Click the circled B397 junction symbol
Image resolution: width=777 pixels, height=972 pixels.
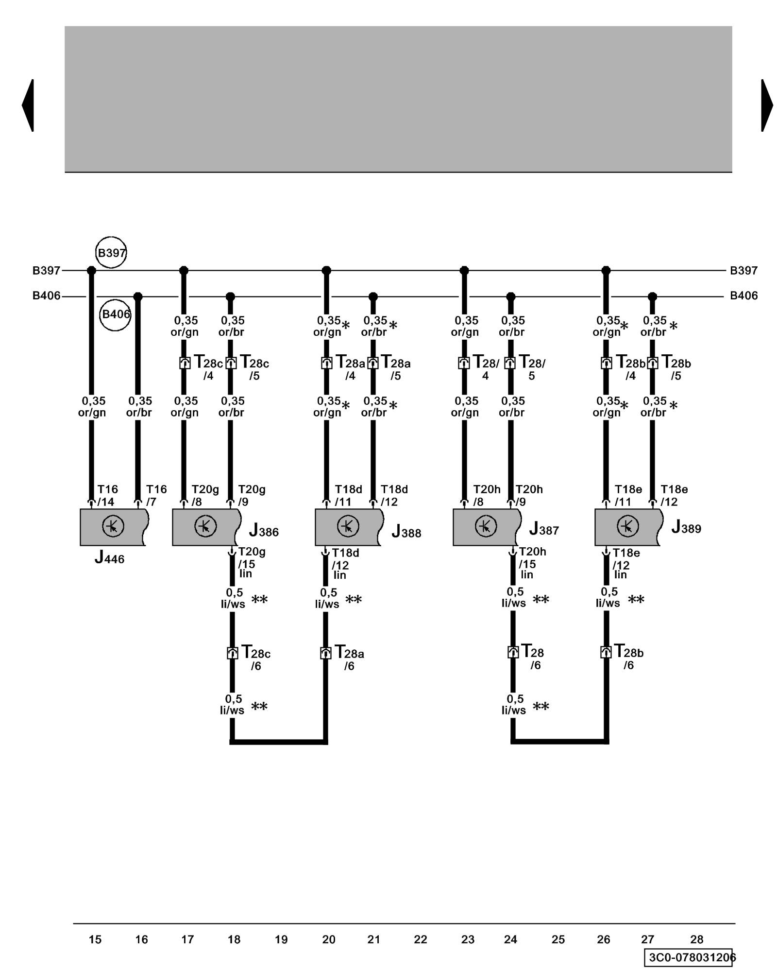pos(111,253)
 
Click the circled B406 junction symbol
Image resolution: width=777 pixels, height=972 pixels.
pos(116,314)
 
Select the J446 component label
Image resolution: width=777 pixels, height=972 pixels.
pos(109,558)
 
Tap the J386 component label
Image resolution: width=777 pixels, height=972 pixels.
pos(264,530)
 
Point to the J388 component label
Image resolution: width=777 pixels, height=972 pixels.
pos(406,532)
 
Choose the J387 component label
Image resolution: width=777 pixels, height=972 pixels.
pos(544,529)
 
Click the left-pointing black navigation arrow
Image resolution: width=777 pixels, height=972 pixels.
pos(28,105)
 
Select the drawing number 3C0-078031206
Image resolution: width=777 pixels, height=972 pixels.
pos(690,957)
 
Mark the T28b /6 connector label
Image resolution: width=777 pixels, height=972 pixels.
pos(629,657)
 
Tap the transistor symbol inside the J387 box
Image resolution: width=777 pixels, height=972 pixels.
pos(485,526)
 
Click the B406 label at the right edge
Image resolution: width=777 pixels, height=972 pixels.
pos(743,295)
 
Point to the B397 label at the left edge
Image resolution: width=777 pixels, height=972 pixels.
pos(46,271)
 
